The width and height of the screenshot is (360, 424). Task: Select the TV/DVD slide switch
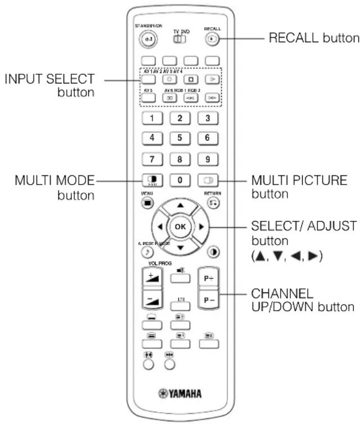179,39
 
